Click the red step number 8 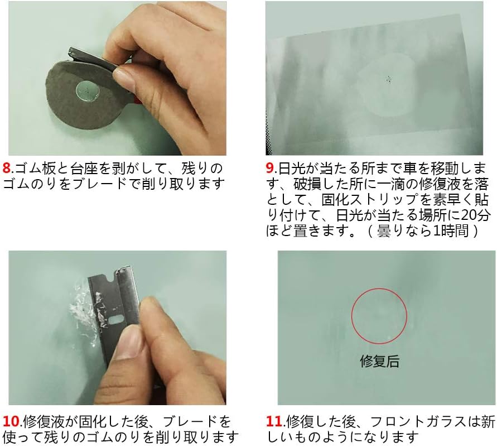coord(8,167)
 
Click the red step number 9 coord(270,167)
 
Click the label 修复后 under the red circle coord(380,361)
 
